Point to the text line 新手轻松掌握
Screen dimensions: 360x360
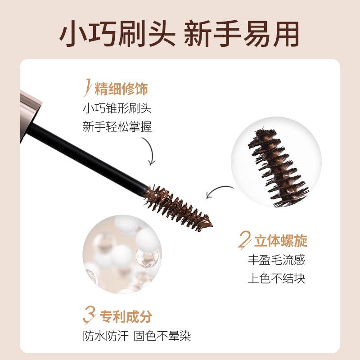pyautogui.click(x=117, y=127)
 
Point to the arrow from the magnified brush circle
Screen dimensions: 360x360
pyautogui.click(x=218, y=191)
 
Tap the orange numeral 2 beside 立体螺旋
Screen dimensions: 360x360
pyautogui.click(x=243, y=241)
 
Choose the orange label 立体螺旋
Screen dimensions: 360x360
pyautogui.click(x=280, y=241)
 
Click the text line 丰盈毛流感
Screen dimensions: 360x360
pyautogui.click(x=276, y=260)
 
